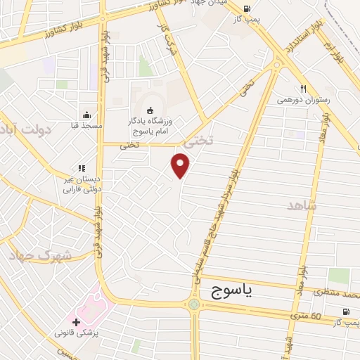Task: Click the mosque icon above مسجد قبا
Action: coord(86,115)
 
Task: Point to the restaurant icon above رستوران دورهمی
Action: coord(303,89)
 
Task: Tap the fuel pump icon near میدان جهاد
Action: coord(245,9)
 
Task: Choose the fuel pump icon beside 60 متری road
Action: coord(345,311)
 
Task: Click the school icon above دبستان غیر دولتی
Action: coord(82,169)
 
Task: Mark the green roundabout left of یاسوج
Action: coord(193,304)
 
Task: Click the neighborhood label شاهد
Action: coord(302,205)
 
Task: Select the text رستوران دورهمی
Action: coord(304,100)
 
